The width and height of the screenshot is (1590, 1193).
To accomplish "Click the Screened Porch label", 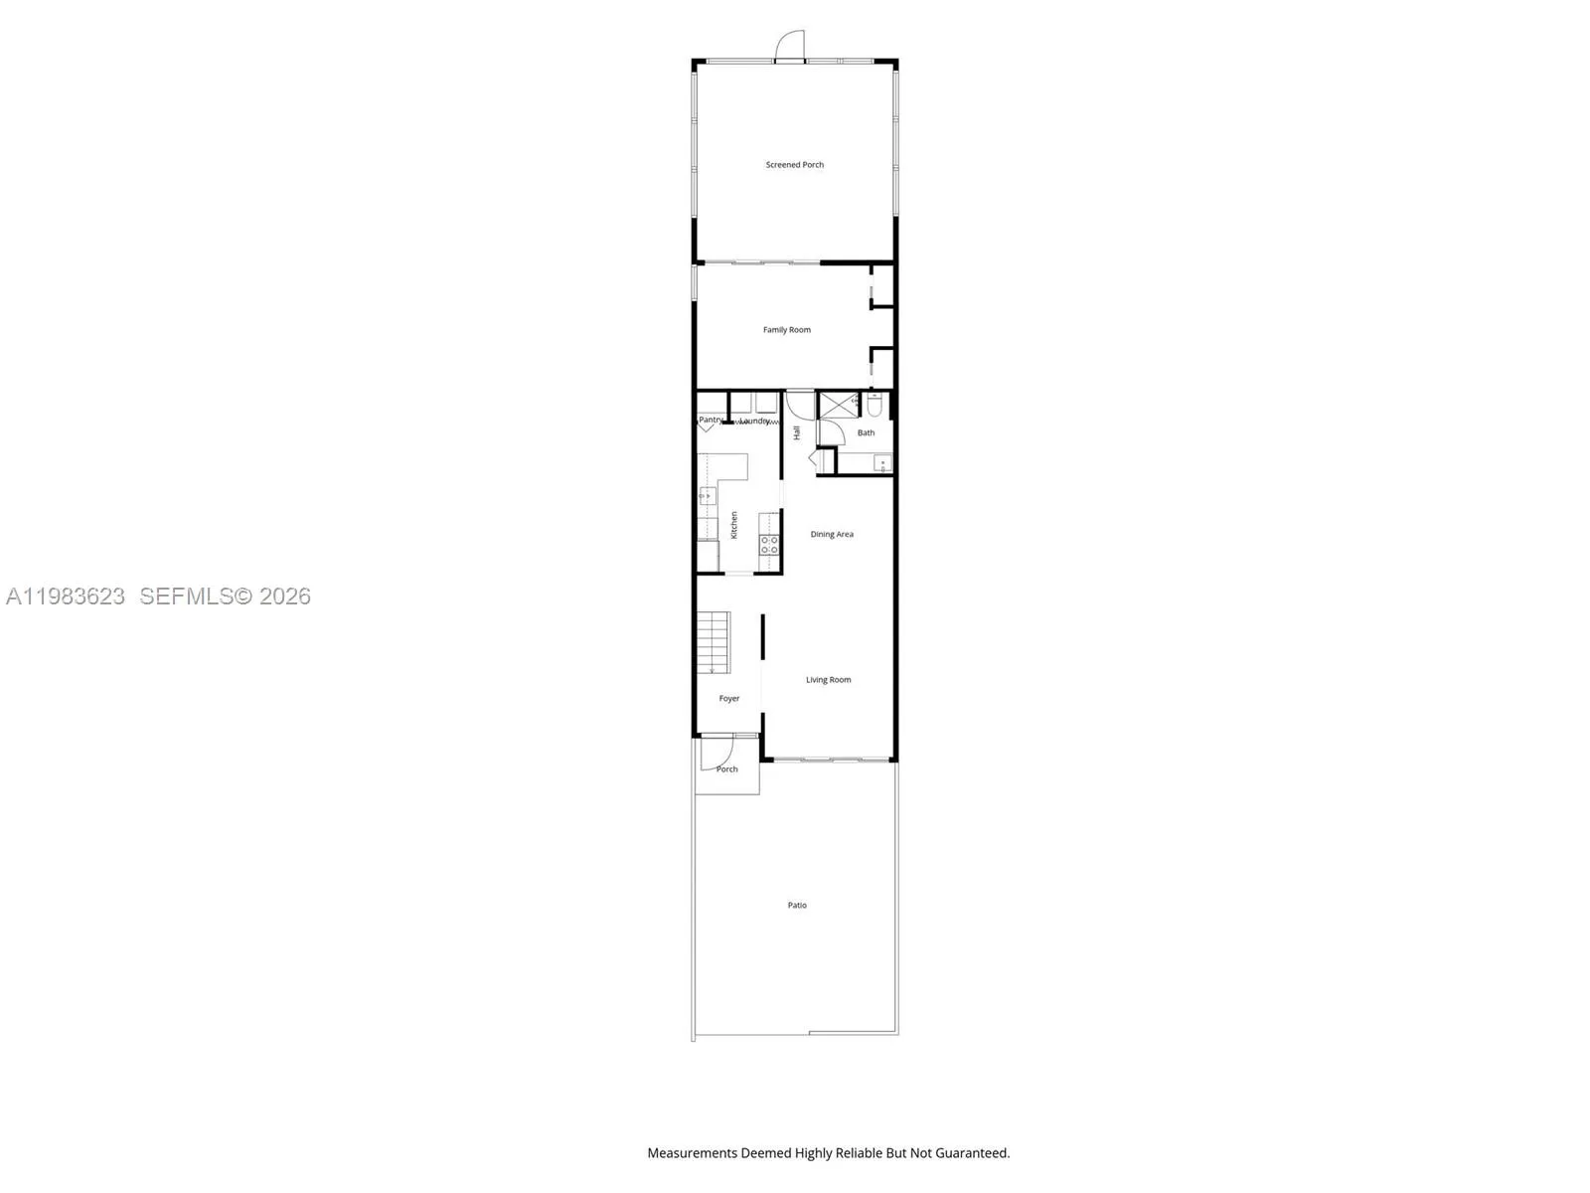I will (794, 165).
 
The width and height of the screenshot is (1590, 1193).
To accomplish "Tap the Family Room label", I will (786, 330).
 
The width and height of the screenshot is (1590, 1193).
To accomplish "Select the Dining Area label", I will (831, 535).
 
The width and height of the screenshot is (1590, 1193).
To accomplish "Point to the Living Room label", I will (828, 680).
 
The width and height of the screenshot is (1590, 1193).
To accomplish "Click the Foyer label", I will (728, 699).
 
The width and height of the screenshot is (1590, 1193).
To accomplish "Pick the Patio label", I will (797, 906).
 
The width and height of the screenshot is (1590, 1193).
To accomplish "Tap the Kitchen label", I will (734, 525).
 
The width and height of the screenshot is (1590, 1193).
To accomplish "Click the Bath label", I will (866, 433).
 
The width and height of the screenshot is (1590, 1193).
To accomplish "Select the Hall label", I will (797, 433).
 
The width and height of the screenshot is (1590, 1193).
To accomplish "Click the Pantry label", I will (710, 421).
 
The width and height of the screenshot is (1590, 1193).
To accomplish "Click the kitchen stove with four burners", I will (769, 544).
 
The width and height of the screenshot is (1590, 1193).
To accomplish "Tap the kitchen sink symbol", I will (708, 495).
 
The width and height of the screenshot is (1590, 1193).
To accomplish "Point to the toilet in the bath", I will (874, 406).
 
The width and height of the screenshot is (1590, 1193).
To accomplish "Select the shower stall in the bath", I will (836, 406).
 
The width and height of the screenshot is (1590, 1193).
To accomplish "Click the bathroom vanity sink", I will (882, 462).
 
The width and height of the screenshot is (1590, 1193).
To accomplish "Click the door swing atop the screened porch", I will (791, 46).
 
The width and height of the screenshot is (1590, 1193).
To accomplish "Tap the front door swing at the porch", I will (717, 754).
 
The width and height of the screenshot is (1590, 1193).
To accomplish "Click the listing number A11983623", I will (66, 596).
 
